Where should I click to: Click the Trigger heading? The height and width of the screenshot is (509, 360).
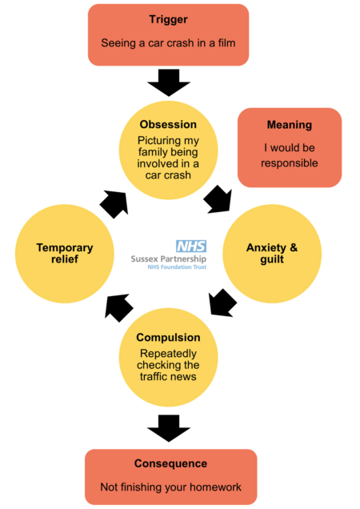click(x=168, y=20)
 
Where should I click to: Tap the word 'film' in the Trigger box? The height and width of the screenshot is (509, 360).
click(x=226, y=43)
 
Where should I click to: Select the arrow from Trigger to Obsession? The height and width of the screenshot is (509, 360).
click(x=169, y=82)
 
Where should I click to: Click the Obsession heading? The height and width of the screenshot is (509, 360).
click(x=168, y=124)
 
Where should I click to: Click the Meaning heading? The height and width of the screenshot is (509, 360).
click(x=290, y=125)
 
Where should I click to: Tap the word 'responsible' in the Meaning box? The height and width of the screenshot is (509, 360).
click(x=290, y=163)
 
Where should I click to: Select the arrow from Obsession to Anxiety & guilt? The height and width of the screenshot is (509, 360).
click(x=218, y=199)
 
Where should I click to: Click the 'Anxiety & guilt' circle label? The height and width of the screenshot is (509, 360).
click(x=272, y=253)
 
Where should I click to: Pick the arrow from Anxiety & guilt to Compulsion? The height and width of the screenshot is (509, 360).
click(x=222, y=303)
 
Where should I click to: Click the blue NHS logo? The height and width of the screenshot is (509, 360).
click(x=191, y=246)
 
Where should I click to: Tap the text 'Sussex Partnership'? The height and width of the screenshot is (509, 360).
click(x=169, y=259)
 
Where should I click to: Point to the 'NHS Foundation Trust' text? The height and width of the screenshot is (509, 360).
click(x=177, y=267)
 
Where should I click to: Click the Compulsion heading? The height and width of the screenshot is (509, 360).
click(x=168, y=338)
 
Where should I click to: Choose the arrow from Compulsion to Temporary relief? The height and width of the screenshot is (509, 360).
click(x=118, y=307)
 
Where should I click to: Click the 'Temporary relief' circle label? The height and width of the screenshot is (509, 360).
click(x=65, y=253)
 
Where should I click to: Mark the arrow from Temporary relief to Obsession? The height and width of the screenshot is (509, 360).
click(x=114, y=204)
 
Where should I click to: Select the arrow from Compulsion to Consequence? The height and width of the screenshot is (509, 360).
click(x=169, y=428)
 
